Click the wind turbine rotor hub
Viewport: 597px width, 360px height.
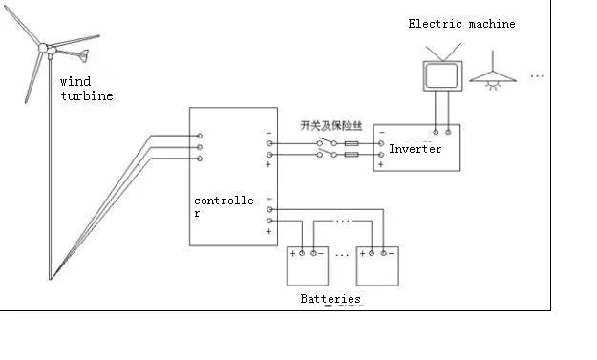44,48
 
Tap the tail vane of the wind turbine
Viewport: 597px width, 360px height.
87,53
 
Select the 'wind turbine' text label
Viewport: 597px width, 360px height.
86,89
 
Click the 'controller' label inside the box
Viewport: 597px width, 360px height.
224,206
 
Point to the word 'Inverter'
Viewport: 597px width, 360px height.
416,149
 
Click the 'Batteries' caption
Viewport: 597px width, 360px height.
330,299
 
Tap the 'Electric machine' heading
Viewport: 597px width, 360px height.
461,24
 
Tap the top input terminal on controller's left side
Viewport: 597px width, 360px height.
199,137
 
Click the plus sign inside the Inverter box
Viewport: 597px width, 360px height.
380,164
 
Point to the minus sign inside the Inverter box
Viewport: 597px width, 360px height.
381,133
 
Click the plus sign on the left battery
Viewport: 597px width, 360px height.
292,254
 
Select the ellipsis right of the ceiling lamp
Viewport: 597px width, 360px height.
537,75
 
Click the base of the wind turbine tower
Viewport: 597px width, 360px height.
51,277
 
